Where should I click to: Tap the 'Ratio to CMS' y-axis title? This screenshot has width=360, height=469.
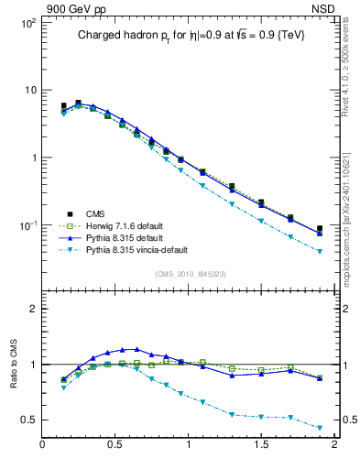click(x=14, y=383)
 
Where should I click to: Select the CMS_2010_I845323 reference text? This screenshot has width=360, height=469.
click(x=187, y=275)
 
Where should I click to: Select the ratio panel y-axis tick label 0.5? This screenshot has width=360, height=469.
click(x=27, y=420)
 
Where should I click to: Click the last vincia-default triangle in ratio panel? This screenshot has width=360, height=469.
click(x=320, y=428)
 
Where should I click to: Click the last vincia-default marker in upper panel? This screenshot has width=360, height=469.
click(x=320, y=251)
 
